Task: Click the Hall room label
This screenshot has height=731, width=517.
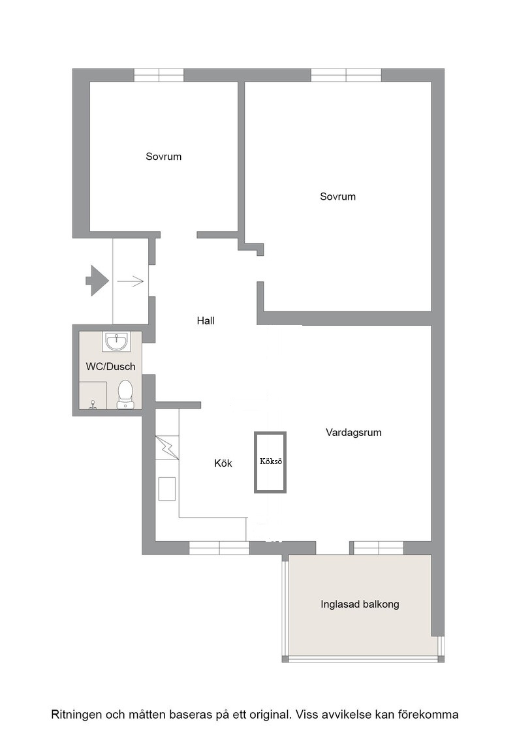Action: [206, 320]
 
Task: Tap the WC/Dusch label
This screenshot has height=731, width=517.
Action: [110, 366]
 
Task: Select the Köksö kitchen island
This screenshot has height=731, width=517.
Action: [270, 462]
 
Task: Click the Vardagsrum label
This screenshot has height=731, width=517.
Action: [353, 433]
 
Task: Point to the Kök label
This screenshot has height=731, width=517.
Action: [223, 463]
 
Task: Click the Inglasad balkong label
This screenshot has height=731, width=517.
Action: [360, 604]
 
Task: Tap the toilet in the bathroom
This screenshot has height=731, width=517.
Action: [125, 394]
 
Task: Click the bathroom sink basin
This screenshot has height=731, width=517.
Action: [116, 342]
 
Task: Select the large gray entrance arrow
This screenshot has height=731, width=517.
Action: [97, 281]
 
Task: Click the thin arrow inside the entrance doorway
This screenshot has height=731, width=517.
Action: [130, 281]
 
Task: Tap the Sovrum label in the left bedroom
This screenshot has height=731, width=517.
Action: [163, 157]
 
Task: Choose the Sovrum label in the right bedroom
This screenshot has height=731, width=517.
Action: [337, 196]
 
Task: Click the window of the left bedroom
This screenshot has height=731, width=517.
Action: [159, 75]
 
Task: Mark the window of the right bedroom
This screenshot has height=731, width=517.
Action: [346, 75]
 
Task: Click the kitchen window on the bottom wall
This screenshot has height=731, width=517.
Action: [219, 548]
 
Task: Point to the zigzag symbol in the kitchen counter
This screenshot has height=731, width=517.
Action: [167, 448]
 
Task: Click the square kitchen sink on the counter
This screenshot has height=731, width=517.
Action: [167, 489]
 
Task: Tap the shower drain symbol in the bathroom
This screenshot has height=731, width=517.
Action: [93, 405]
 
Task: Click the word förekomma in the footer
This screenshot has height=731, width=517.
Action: [433, 714]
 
